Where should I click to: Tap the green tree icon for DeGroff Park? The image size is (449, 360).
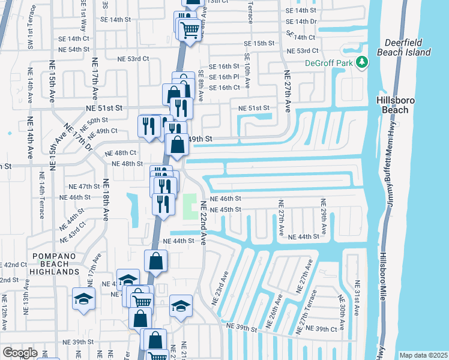(x=362, y=62)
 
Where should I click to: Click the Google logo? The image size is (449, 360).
(x=20, y=353)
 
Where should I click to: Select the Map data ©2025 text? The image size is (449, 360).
(x=423, y=355)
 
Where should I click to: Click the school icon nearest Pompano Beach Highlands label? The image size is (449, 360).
(x=83, y=299)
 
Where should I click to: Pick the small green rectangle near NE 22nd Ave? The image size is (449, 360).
(x=190, y=207)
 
